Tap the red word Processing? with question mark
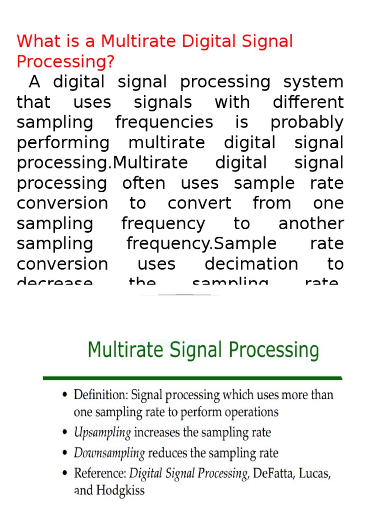pyautogui.click(x=65, y=62)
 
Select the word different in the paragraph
pyautogui.click(x=308, y=102)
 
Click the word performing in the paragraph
pyautogui.click(x=63, y=143)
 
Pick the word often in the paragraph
pyautogui.click(x=143, y=183)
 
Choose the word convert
pyautogui.click(x=199, y=203)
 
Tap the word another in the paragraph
pyautogui.click(x=311, y=223)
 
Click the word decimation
pyautogui.click(x=251, y=264)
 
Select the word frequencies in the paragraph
pyautogui.click(x=164, y=123)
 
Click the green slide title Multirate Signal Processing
pyautogui.click(x=203, y=350)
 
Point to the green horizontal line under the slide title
pyautogui.click(x=193, y=378)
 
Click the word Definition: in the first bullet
pyautogui.click(x=100, y=395)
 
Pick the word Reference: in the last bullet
pyautogui.click(x=100, y=473)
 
